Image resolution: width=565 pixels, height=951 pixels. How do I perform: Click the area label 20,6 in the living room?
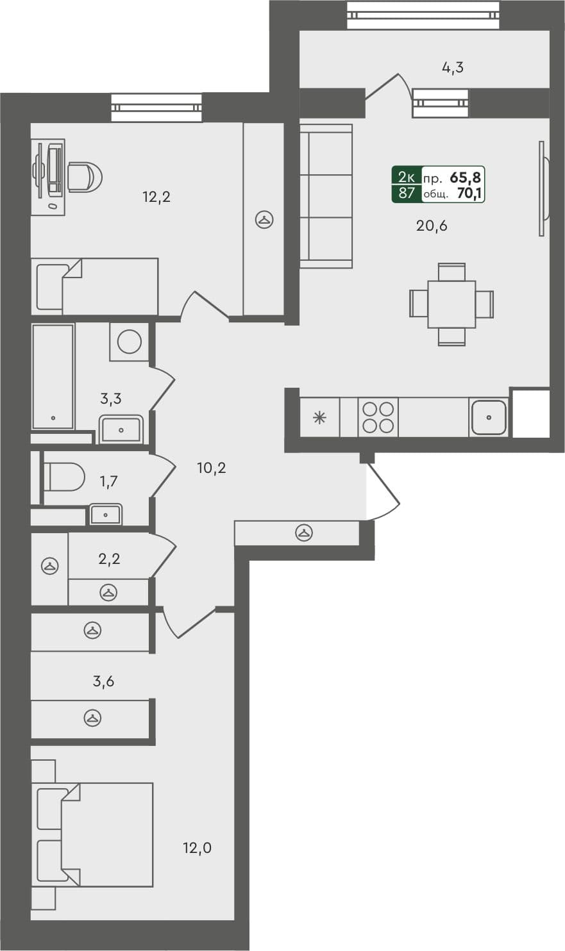click(432, 226)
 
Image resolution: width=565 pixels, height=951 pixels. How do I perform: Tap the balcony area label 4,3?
click(453, 67)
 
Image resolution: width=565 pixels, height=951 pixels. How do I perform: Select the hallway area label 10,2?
click(211, 468)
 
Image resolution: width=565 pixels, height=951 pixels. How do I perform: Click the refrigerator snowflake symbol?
click(319, 418)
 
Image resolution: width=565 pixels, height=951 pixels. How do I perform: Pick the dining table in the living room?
click(451, 304)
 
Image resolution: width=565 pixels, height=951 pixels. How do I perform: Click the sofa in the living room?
click(326, 196)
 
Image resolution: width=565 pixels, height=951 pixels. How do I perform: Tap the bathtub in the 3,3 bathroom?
click(53, 376)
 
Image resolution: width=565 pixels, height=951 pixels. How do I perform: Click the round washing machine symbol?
click(130, 342)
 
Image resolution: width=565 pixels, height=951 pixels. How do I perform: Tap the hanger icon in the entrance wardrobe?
click(303, 533)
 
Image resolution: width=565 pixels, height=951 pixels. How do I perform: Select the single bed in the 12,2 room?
click(96, 286)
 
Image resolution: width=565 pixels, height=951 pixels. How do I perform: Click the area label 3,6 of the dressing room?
click(103, 681)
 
